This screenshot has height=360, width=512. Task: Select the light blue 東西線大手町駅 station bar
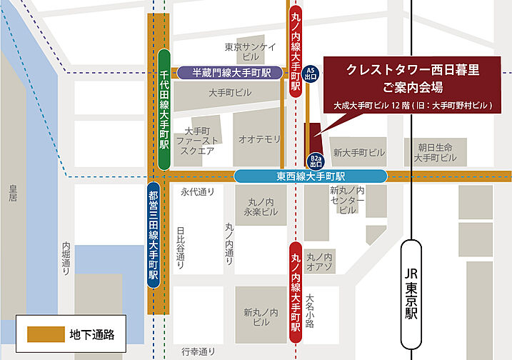coord(311,176)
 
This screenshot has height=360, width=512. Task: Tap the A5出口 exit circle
coord(310,73)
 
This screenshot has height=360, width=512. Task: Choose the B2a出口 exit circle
coord(315,161)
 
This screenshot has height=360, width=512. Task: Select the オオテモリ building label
coord(260,139)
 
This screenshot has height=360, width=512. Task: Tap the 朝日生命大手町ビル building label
coord(435,151)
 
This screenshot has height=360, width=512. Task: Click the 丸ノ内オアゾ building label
coord(319,261)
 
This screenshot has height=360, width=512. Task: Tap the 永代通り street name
coord(198,191)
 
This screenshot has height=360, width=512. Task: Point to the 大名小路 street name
coord(309,309)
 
